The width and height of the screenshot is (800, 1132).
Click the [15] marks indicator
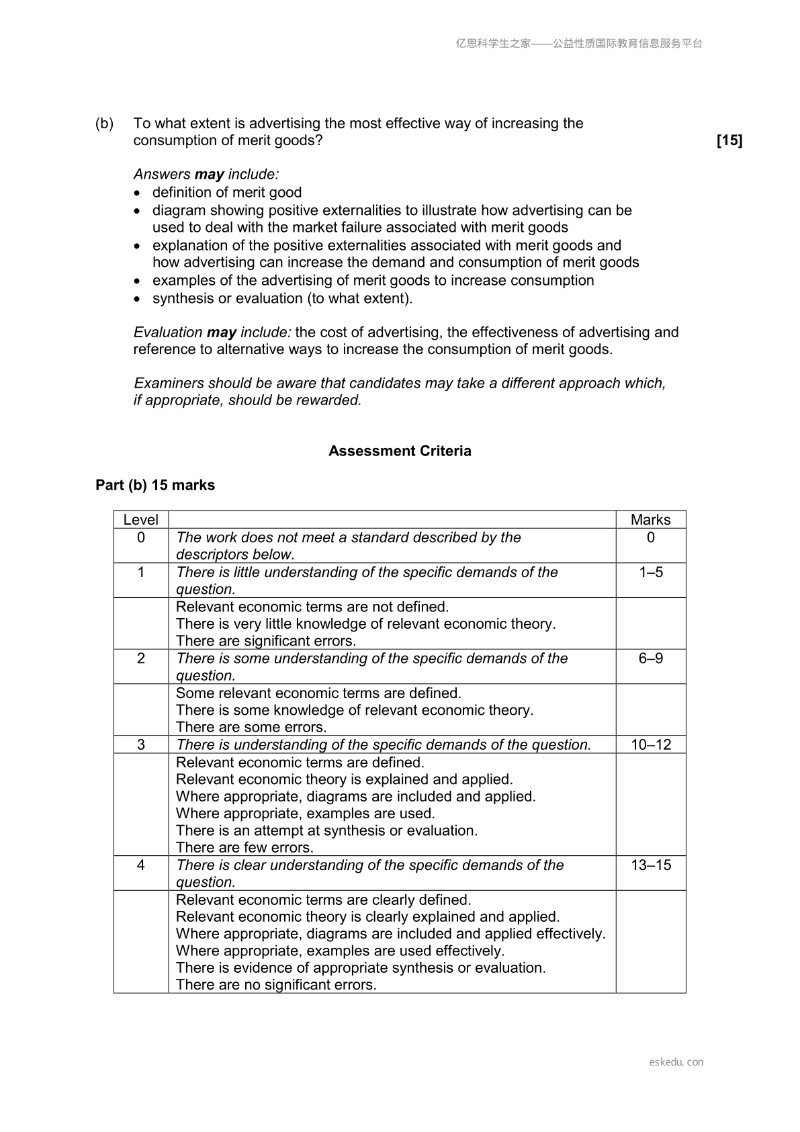[x=729, y=140]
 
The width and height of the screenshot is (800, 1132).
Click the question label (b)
[x=104, y=124]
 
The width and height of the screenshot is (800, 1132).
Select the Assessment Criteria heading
[x=400, y=451]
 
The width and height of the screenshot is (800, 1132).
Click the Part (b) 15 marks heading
[x=155, y=485]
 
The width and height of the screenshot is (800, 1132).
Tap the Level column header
[x=141, y=519]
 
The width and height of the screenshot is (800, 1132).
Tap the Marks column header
[x=650, y=519]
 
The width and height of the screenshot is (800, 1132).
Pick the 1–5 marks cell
[x=650, y=572]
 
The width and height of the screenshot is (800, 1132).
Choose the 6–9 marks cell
[x=650, y=658]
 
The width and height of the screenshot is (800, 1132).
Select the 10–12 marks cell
[x=650, y=744]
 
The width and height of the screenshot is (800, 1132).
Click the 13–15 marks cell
[x=650, y=865]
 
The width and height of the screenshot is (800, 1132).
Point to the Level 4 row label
[x=141, y=865]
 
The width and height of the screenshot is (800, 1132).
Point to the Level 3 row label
[x=141, y=744]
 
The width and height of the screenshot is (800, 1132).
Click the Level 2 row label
[x=141, y=658]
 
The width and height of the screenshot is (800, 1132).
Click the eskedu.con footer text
[x=676, y=1062]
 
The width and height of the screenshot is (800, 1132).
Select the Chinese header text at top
[x=579, y=44]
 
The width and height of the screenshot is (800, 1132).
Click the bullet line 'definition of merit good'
[x=227, y=193]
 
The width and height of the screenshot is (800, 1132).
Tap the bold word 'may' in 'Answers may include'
[x=209, y=175]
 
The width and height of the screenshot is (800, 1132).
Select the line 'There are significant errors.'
[x=266, y=641]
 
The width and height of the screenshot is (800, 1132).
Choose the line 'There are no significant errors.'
[x=276, y=985]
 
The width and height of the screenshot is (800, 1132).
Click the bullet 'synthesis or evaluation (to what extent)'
[x=282, y=298]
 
